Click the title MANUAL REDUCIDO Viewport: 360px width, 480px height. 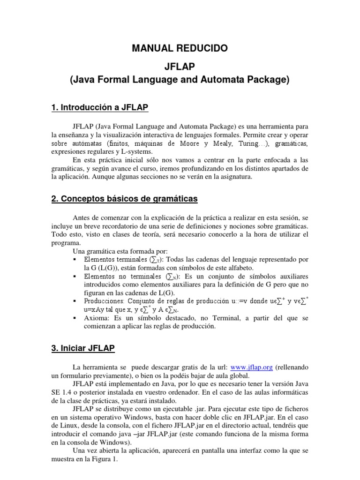tap(180, 48)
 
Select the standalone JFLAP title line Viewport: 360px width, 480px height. tap(180, 65)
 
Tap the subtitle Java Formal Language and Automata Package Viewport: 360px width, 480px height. tap(180, 80)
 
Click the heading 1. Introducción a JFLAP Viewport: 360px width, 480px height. tap(99, 108)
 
